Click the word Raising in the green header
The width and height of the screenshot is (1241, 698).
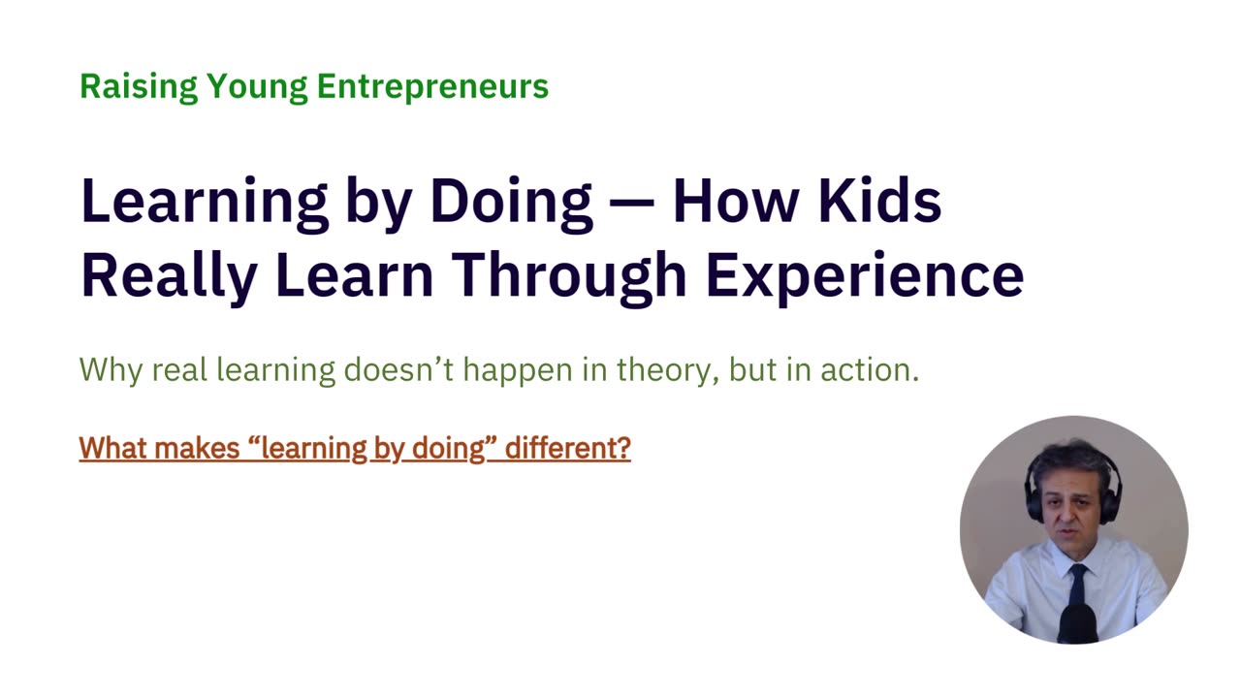(x=139, y=86)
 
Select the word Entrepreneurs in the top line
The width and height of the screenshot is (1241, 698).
(x=432, y=86)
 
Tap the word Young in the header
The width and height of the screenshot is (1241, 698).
(x=257, y=87)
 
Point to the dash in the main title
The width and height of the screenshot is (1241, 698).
(x=631, y=202)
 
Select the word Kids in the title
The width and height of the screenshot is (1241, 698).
(x=879, y=200)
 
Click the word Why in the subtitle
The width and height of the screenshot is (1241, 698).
(x=111, y=370)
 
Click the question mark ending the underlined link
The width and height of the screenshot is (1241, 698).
(x=623, y=448)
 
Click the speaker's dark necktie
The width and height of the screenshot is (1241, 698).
(x=1077, y=587)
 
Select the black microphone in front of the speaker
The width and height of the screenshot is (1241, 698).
(x=1077, y=623)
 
